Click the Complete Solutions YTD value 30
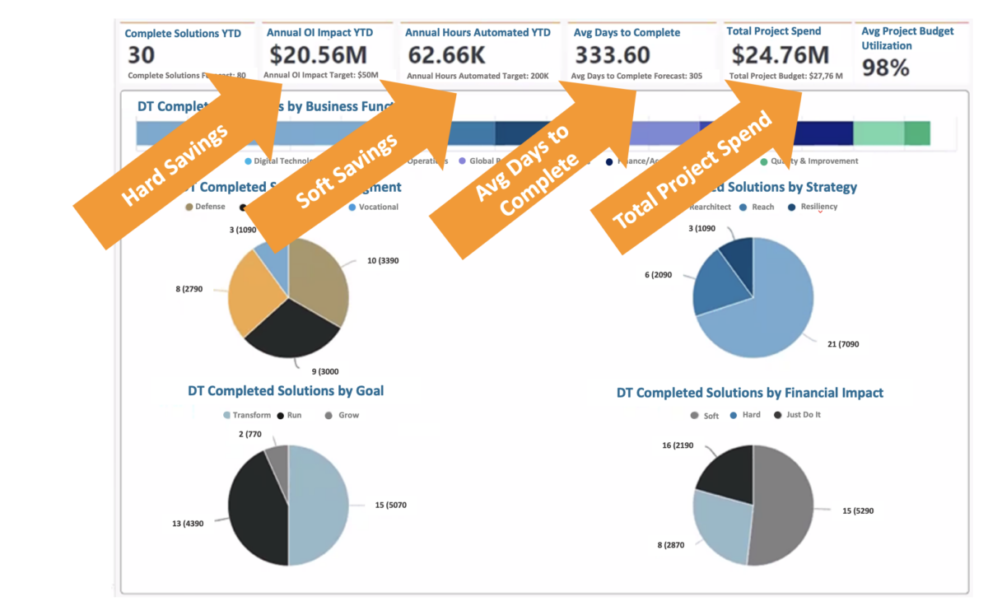coord(142,55)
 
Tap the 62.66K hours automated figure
coord(449,55)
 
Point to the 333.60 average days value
coord(612,55)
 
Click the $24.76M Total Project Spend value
coord(780,55)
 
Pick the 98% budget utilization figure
coord(885,68)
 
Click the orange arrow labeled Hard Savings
coord(177,165)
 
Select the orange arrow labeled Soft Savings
coord(346,169)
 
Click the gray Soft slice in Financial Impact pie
coord(782,502)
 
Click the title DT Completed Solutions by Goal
coord(286,390)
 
